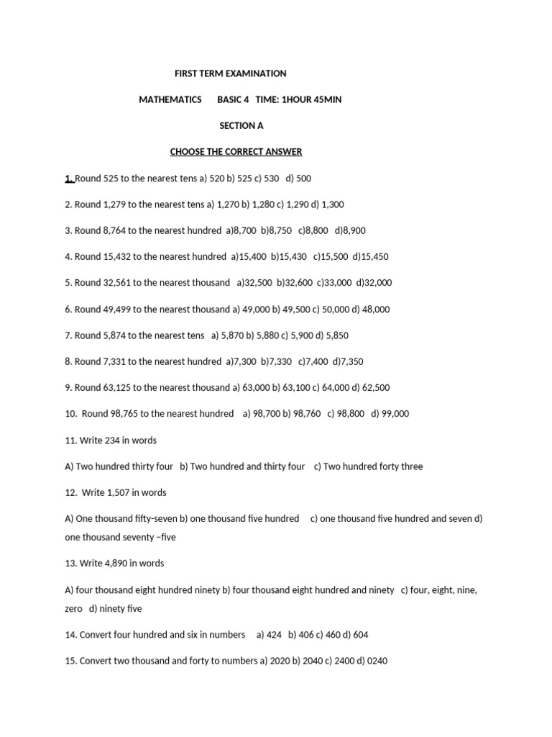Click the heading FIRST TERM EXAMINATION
[x=231, y=73]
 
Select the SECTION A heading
[x=241, y=126]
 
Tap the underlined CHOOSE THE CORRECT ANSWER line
[x=236, y=152]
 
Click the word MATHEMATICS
[x=170, y=100]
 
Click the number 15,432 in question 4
[x=118, y=256]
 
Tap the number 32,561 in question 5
[x=118, y=283]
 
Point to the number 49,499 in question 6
[x=118, y=309]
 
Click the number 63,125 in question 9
[x=118, y=387]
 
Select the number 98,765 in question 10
[x=125, y=414]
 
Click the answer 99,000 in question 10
[x=395, y=414]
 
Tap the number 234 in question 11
[x=103, y=440]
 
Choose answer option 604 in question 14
[x=361, y=635]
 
